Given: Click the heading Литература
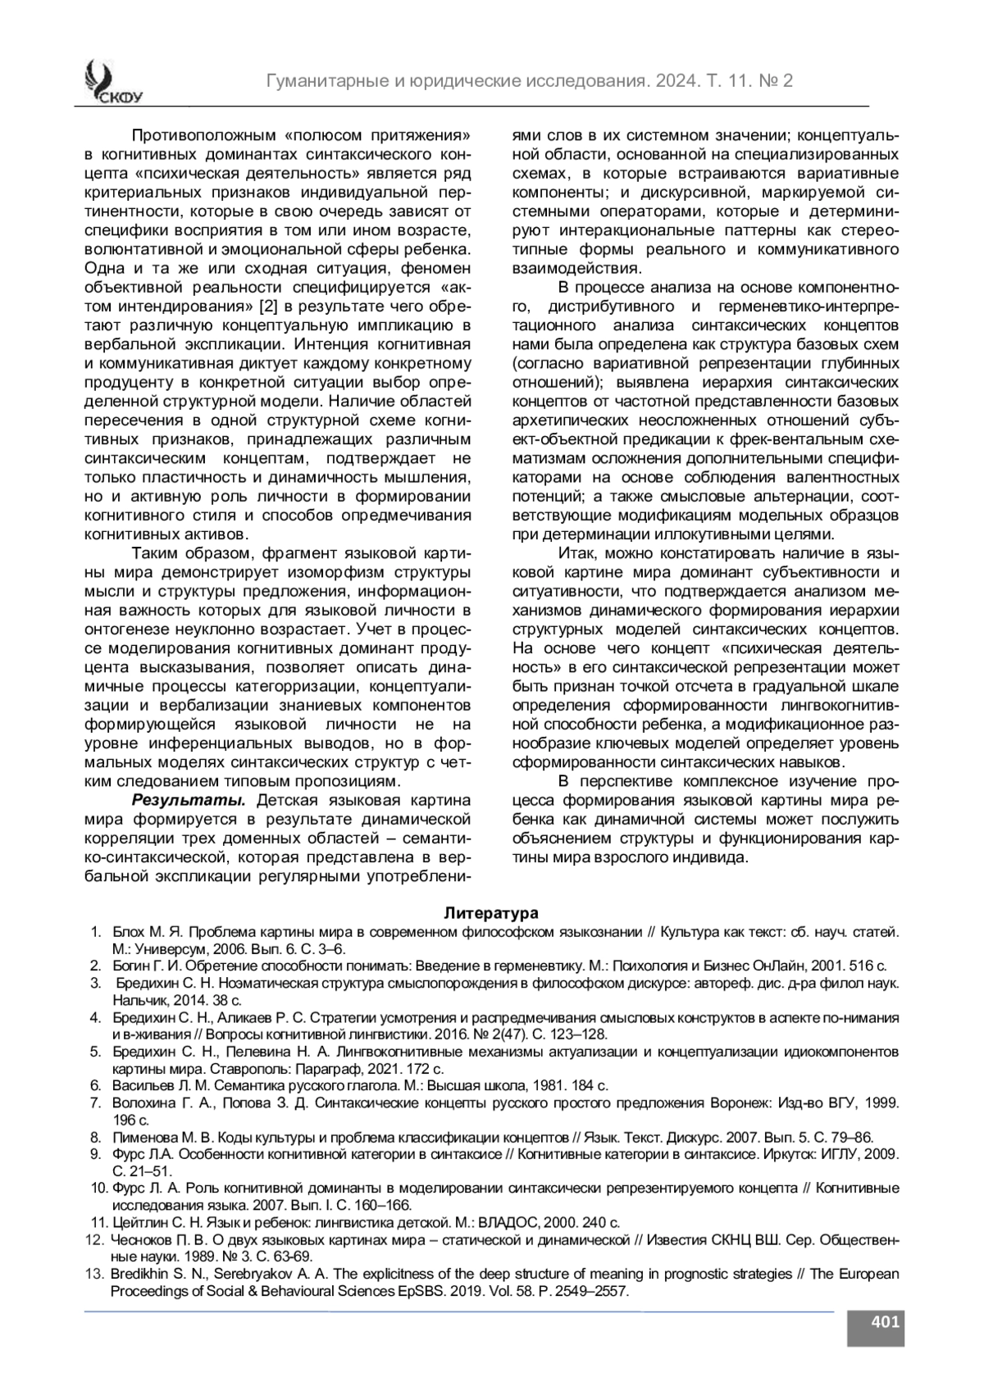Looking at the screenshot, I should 491,912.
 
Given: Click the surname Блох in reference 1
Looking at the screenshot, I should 128,932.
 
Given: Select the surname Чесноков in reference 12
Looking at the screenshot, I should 140,1240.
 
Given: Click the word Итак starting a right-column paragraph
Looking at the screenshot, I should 576,553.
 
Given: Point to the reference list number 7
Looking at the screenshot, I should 95,1102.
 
